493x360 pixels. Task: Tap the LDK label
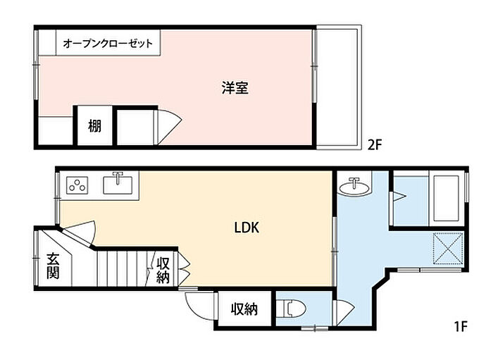point(247,228)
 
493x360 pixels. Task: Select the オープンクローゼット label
point(108,44)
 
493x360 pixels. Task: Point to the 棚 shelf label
point(94,126)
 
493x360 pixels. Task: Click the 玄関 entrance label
point(54,266)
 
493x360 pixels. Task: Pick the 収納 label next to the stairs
point(163,269)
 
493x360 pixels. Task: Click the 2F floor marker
point(375,146)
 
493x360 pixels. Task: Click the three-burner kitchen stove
point(76,186)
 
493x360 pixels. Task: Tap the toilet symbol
point(292,309)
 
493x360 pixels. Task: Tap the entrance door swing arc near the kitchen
point(80,231)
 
